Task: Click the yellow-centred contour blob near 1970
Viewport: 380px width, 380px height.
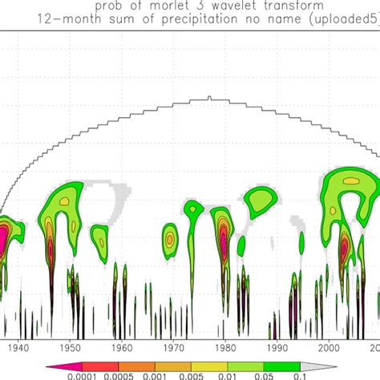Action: (x=169, y=237)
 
